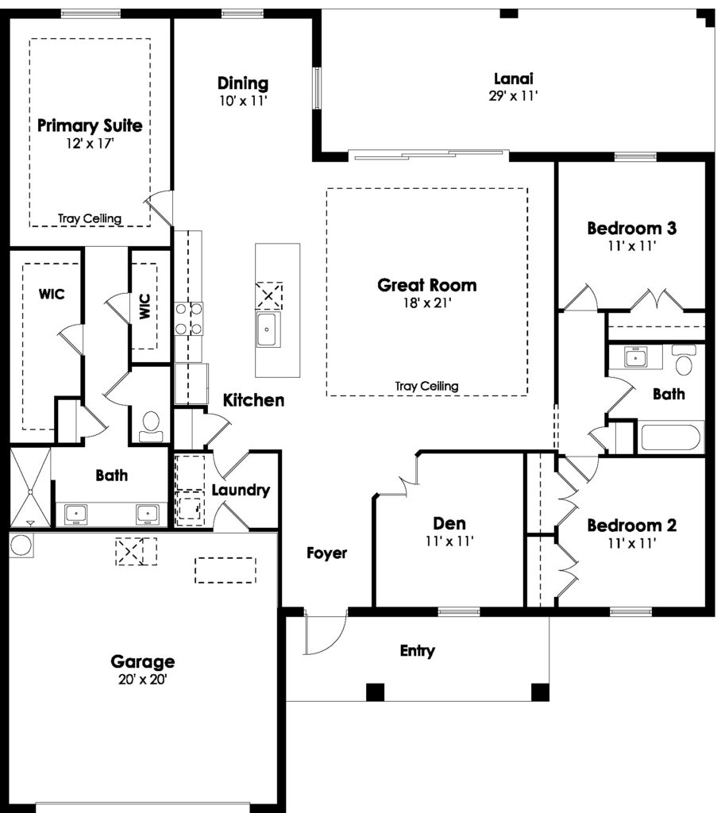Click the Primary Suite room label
(x=90, y=126)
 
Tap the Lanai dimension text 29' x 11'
(x=513, y=96)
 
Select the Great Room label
(x=427, y=285)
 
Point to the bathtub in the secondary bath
(x=671, y=437)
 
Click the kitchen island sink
(x=268, y=329)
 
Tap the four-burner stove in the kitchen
(x=189, y=319)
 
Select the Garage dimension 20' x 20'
(x=143, y=680)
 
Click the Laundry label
(x=241, y=490)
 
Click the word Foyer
(x=327, y=553)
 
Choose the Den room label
(x=449, y=523)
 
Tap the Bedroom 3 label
(x=631, y=228)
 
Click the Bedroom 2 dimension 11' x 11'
(x=632, y=543)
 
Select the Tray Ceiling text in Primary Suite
(x=90, y=218)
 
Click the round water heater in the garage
(x=21, y=545)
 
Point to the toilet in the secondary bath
(x=684, y=360)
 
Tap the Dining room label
(x=243, y=83)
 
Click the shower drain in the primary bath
(x=30, y=491)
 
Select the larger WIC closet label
(x=52, y=294)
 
